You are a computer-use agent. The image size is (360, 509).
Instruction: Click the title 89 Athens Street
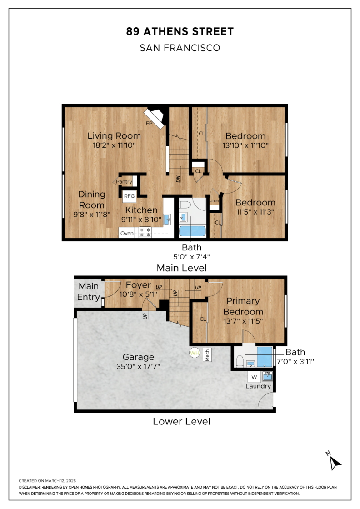click(180, 31)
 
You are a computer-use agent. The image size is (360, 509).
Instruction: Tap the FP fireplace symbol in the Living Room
click(154, 118)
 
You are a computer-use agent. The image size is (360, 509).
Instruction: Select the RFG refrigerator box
click(129, 196)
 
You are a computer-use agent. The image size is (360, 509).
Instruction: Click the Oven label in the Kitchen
click(127, 233)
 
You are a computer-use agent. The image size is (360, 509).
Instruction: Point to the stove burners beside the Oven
click(145, 232)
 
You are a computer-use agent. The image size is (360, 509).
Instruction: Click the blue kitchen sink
click(167, 220)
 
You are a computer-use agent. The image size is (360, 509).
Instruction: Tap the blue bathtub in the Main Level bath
click(192, 231)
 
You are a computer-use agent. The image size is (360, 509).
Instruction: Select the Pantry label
click(124, 181)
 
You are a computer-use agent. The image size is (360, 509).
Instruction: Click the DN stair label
click(178, 179)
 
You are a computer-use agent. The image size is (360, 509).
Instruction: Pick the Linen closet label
click(214, 200)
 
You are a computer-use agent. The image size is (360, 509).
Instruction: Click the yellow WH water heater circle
click(195, 353)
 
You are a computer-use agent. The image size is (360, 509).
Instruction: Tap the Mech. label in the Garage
click(207, 355)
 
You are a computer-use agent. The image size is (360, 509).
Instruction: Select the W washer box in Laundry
click(254, 377)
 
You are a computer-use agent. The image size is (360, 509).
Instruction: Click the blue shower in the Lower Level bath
click(265, 357)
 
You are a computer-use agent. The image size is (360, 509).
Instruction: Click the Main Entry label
click(88, 291)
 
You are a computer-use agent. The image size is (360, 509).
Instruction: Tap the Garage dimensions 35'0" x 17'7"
click(138, 366)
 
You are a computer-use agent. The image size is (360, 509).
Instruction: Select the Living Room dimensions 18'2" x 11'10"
click(114, 145)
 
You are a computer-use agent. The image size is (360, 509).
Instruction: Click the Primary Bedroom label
click(243, 306)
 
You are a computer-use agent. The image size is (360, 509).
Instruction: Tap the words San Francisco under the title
click(180, 48)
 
